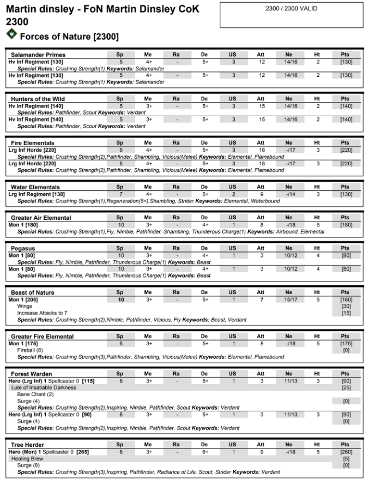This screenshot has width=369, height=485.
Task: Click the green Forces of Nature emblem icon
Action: (x=11, y=34)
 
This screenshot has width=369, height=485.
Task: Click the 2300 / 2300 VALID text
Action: (x=291, y=9)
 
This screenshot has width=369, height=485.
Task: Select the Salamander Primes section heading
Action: (x=38, y=55)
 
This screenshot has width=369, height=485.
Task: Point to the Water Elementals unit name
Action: (x=35, y=187)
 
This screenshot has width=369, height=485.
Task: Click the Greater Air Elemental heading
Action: (x=41, y=218)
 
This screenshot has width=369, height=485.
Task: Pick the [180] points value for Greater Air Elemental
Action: (x=345, y=225)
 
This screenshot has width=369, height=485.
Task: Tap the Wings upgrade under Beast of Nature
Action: (x=25, y=306)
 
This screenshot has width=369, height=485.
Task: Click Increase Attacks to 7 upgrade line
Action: (x=42, y=313)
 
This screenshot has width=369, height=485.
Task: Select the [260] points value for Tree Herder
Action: (x=345, y=452)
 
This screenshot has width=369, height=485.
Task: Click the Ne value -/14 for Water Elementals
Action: (x=289, y=194)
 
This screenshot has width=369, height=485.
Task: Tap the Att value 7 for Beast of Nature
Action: (x=261, y=300)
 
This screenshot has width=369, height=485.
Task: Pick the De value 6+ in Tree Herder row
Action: (x=204, y=452)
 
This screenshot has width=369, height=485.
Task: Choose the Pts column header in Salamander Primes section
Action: (x=345, y=55)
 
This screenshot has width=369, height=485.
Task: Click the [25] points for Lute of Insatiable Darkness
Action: (x=345, y=387)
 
